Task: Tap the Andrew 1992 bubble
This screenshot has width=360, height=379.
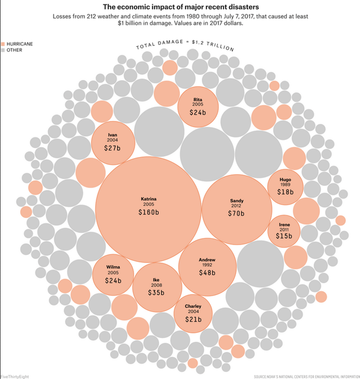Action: pyautogui.click(x=207, y=266)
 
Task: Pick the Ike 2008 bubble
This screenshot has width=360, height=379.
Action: pyautogui.click(x=156, y=286)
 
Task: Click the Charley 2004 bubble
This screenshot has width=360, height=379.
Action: pyautogui.click(x=193, y=313)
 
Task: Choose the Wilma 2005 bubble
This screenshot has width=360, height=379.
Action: pyautogui.click(x=113, y=274)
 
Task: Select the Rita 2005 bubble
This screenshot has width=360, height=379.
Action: pyautogui.click(x=198, y=106)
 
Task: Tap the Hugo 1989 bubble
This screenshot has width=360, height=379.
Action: pyautogui.click(x=285, y=186)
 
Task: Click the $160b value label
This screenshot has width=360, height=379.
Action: pyautogui.click(x=148, y=213)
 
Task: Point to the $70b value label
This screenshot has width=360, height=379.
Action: pyautogui.click(x=236, y=214)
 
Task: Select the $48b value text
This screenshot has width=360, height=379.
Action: pyautogui.click(x=207, y=272)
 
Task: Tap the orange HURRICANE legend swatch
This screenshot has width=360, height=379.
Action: pyautogui.click(x=2, y=44)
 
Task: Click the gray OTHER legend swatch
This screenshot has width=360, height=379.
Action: pyautogui.click(x=2, y=50)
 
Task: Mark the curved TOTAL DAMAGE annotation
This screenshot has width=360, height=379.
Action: pyautogui.click(x=184, y=45)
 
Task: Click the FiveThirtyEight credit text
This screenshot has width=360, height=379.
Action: pyautogui.click(x=15, y=376)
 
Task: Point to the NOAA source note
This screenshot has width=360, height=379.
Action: pyautogui.click(x=306, y=376)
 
